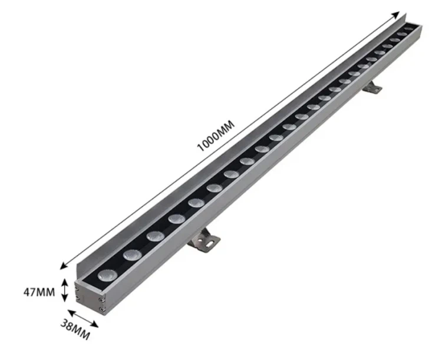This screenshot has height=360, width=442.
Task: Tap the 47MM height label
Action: pos(39,291)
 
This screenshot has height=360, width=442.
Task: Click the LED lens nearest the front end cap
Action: pos(107,274)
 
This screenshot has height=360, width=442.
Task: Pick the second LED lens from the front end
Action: pos(131,254)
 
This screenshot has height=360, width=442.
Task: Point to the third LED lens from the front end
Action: pos(155,236)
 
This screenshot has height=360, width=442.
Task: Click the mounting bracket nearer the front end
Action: pos(203,239)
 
